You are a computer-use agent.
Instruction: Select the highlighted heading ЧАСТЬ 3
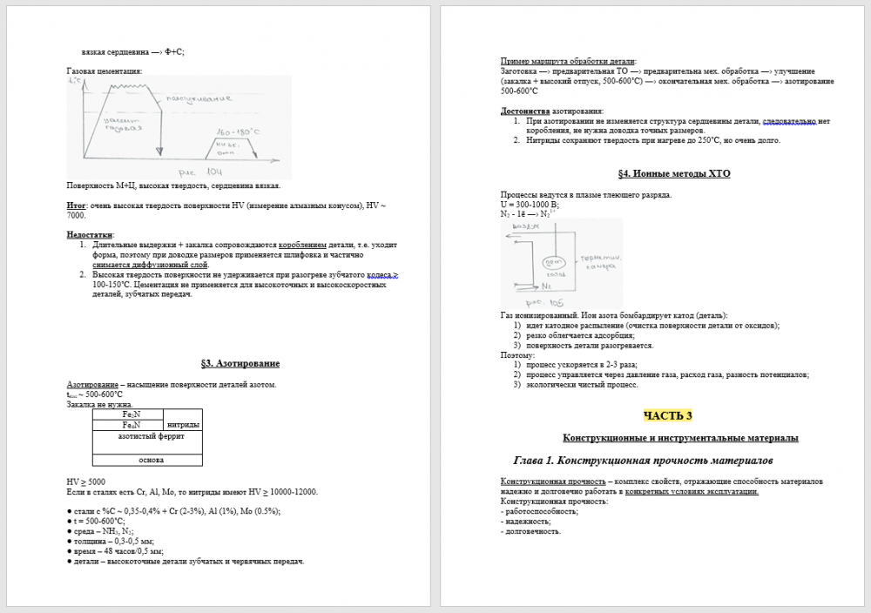(x=668, y=414)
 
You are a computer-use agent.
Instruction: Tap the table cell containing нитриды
(x=183, y=424)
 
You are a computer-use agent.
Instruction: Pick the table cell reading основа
(x=147, y=460)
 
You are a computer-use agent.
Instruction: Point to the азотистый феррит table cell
(x=147, y=436)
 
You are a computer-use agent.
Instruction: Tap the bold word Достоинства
(x=525, y=111)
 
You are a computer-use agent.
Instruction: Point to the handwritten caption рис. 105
(x=548, y=303)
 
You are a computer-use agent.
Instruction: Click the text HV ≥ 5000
(x=86, y=482)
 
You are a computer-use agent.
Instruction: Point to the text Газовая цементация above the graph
(x=104, y=71)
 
